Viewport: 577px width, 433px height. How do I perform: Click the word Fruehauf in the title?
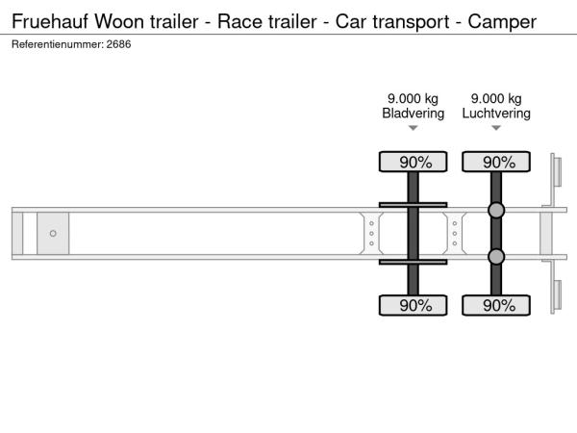click(50, 21)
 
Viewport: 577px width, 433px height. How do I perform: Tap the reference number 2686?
click(118, 44)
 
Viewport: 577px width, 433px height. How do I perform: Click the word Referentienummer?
click(57, 44)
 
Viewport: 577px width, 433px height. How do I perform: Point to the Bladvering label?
click(413, 113)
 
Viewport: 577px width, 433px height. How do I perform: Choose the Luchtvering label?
click(496, 113)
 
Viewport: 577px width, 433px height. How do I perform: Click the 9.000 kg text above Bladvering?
click(413, 99)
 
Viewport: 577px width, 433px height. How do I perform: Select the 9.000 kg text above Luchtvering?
click(496, 99)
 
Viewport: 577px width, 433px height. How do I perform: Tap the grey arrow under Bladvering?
click(413, 128)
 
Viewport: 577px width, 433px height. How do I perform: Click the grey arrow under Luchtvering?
click(496, 128)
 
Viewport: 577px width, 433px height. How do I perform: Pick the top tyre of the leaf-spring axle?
click(413, 162)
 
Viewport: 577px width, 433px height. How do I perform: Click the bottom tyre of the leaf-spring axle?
click(413, 305)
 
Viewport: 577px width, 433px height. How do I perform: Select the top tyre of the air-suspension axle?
click(496, 162)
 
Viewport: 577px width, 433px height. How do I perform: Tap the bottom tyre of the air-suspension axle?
click(496, 305)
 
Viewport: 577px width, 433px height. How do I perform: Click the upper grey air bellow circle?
click(496, 210)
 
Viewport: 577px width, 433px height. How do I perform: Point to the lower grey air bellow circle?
click(496, 257)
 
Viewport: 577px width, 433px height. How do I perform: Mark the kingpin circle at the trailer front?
click(53, 234)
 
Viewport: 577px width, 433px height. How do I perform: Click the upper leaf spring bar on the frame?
click(413, 205)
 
